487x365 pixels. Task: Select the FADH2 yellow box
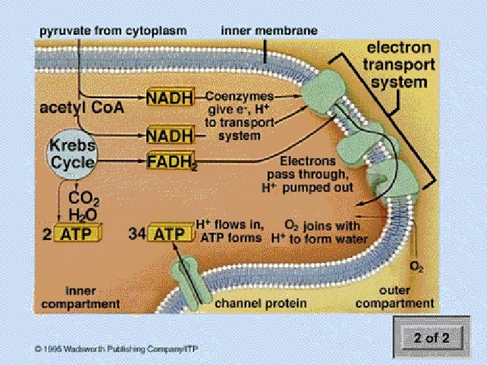point(170,162)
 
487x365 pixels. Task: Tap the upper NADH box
point(170,97)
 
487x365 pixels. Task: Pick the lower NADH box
point(170,136)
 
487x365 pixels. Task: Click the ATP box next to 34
point(170,235)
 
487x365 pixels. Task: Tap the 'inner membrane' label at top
point(269,31)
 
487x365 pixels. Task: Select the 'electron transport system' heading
point(398,65)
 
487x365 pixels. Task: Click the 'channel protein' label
point(260,303)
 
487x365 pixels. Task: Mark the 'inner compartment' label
point(92,297)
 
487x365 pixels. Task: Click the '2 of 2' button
point(431,337)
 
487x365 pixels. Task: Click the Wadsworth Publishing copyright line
point(122,349)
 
